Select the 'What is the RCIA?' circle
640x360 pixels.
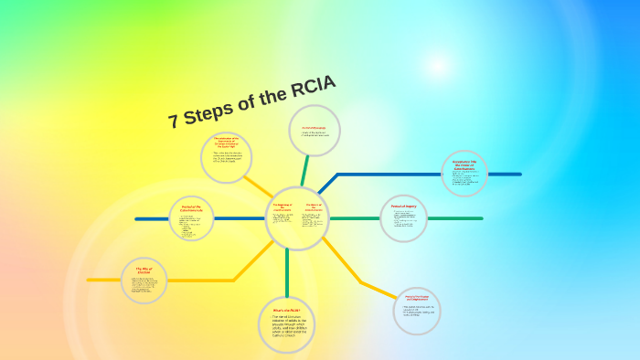(x=287, y=324)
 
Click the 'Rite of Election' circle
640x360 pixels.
(x=144, y=280)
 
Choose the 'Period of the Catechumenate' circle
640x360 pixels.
(x=192, y=218)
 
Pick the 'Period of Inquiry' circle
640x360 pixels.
(x=403, y=218)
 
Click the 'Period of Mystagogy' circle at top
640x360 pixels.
(x=315, y=131)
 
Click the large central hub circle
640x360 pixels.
(x=297, y=218)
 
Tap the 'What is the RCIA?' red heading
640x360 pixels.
(x=286, y=310)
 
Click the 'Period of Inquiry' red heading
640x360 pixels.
(x=403, y=206)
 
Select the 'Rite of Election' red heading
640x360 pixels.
(x=143, y=269)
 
